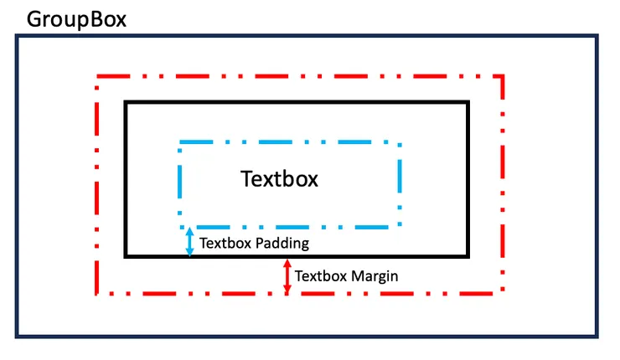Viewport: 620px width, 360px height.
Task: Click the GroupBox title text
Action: point(77,19)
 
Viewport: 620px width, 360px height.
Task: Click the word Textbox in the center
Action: point(280,179)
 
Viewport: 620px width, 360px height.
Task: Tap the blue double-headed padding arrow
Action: point(189,242)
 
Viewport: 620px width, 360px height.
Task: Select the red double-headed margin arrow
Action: point(287,276)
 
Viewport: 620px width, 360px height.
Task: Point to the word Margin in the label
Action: point(373,275)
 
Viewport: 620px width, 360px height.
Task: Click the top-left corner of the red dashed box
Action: point(97,77)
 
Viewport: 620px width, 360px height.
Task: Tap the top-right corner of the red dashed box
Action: point(503,77)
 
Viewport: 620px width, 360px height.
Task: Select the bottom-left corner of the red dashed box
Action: point(97,294)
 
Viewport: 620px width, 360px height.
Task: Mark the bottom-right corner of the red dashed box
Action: point(503,294)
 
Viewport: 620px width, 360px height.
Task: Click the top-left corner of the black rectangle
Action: point(126,103)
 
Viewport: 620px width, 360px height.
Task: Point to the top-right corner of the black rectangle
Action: point(468,103)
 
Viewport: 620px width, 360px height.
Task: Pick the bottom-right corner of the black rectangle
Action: point(468,255)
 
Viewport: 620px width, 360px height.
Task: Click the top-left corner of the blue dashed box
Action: point(180,143)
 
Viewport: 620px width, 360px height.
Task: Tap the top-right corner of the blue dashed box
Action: point(399,143)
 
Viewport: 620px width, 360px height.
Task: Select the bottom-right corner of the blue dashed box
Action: point(399,226)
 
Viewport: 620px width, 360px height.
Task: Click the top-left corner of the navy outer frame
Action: point(17,37)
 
